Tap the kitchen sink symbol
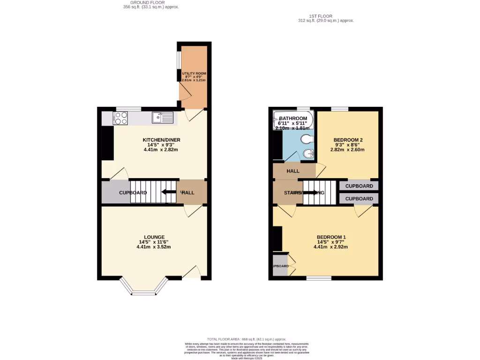(162, 117)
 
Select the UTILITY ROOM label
(194, 74)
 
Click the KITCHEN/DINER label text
(161, 140)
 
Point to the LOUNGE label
(154, 237)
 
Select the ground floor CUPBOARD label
(133, 193)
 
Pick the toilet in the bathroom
(307, 139)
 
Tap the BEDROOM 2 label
(348, 140)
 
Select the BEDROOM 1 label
(331, 237)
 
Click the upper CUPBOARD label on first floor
(359, 186)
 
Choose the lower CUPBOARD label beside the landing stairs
(359, 199)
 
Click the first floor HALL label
(293, 171)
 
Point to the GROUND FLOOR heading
(143, 2)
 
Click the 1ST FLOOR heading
(318, 16)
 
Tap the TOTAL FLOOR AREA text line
(246, 339)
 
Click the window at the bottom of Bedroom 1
(318, 278)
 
